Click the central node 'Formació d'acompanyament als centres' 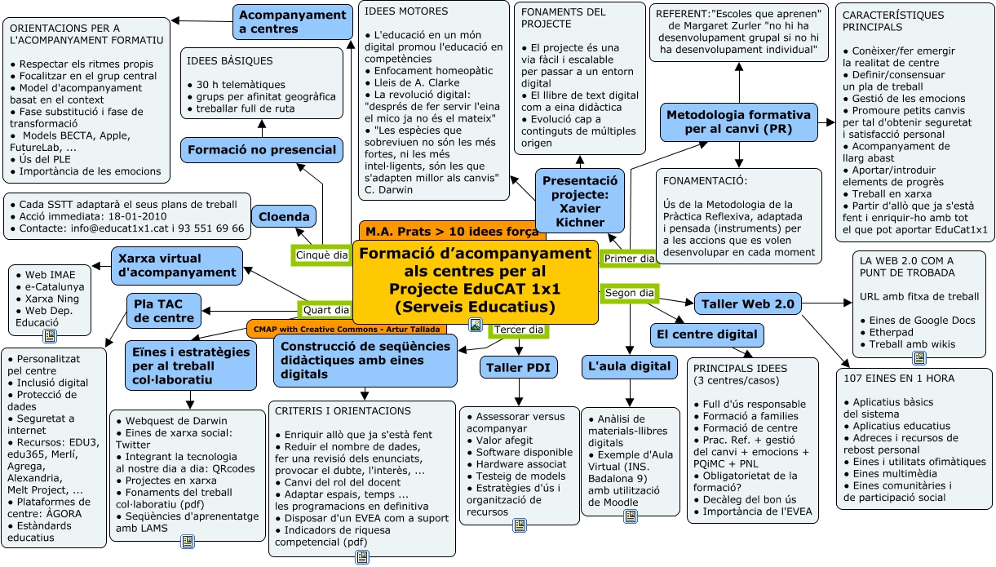(476, 280)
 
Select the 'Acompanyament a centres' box (292, 22)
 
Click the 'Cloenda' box (284, 217)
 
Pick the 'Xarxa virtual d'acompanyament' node (176, 265)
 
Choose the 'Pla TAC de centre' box (164, 311)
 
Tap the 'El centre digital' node (706, 334)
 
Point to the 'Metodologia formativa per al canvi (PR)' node (739, 122)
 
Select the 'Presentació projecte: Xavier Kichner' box (580, 201)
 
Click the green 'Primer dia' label (629, 259)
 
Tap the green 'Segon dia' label (630, 293)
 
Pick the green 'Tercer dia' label (519, 330)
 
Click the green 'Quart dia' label (326, 310)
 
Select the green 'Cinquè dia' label (322, 255)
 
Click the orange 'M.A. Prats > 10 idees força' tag (452, 231)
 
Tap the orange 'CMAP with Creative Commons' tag (346, 329)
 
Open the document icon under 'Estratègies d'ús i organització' (519, 525)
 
